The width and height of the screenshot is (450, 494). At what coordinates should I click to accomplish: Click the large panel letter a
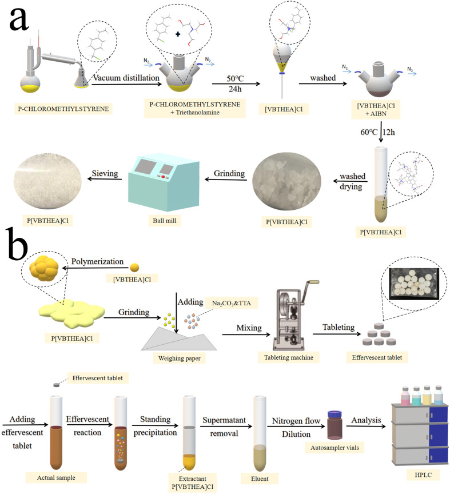point(26,24)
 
